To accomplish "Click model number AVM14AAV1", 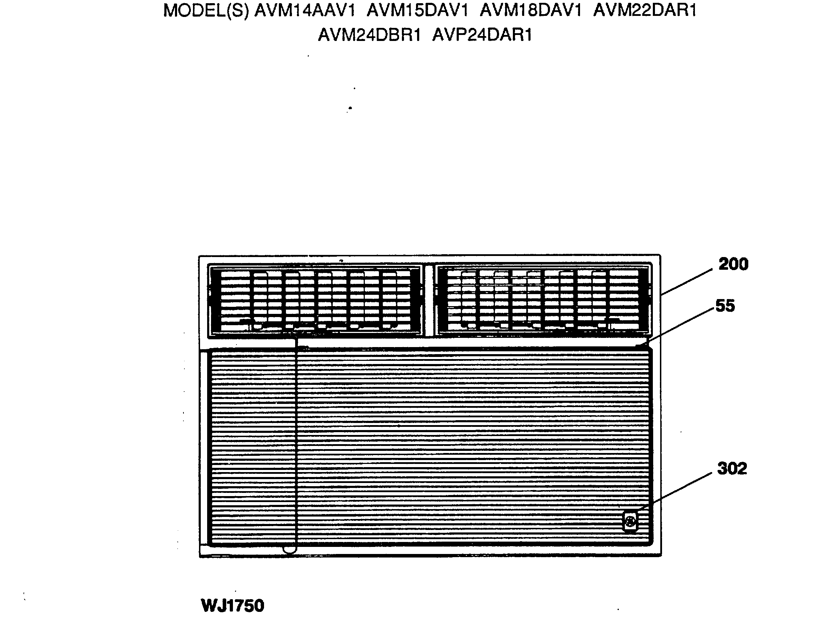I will pyautogui.click(x=305, y=11).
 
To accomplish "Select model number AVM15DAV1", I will pyautogui.click(x=417, y=11).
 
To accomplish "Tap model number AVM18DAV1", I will pyautogui.click(x=531, y=11).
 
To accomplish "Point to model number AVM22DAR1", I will pyautogui.click(x=645, y=11).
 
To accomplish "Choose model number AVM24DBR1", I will pyautogui.click(x=369, y=35).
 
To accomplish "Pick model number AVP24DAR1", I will pyautogui.click(x=482, y=35).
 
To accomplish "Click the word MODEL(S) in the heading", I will pyautogui.click(x=206, y=11).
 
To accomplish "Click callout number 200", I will pyautogui.click(x=733, y=264).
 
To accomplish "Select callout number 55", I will pyautogui.click(x=725, y=306).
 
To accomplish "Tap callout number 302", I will pyautogui.click(x=732, y=469).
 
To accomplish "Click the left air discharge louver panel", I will pyautogui.click(x=315, y=300).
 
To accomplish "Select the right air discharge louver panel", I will pyautogui.click(x=543, y=300).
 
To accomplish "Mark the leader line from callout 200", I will pyautogui.click(x=687, y=282).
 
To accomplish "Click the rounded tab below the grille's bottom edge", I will pyautogui.click(x=290, y=550).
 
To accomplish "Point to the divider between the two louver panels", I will pyautogui.click(x=429, y=300).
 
